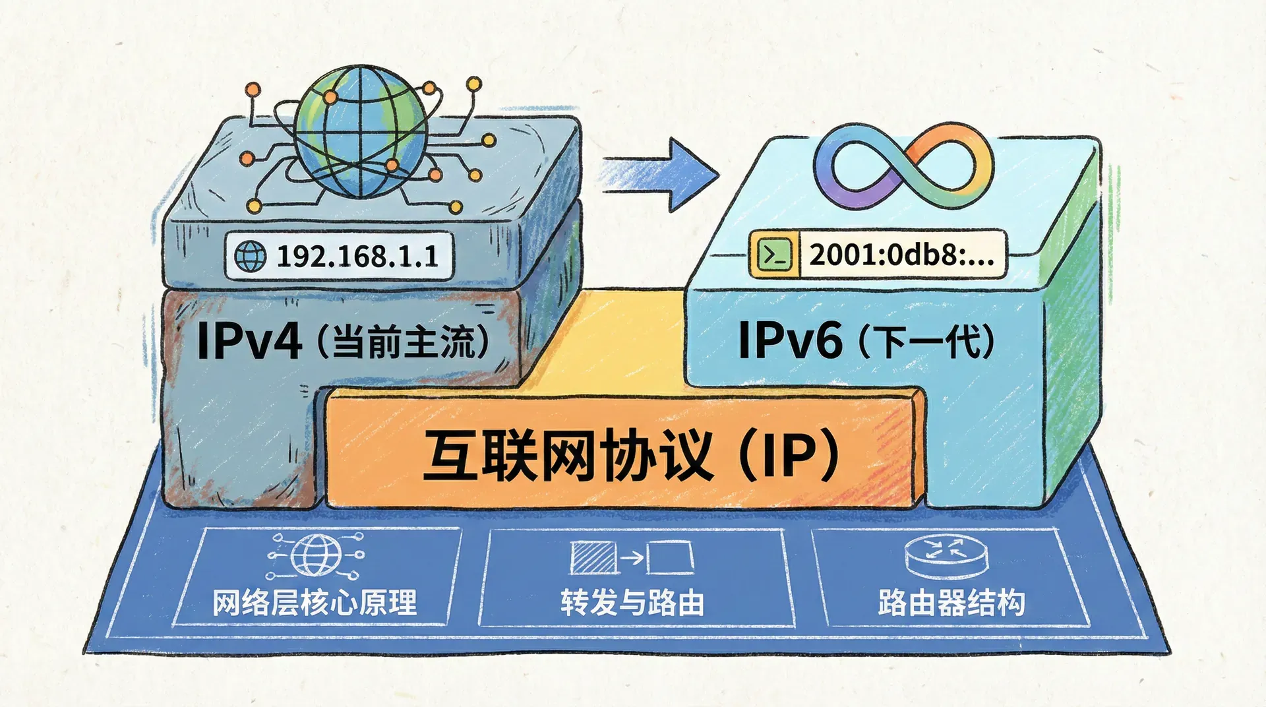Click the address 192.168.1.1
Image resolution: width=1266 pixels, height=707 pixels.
(357, 256)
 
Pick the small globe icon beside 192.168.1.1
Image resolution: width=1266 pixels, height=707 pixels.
(251, 256)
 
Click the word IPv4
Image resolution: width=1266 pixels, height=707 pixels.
(249, 341)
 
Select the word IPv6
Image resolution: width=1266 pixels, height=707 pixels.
(790, 340)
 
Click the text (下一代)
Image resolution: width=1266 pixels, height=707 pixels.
(926, 342)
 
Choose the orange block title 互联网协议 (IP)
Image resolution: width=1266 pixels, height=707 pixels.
(630, 455)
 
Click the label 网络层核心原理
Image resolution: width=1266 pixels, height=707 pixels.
(315, 603)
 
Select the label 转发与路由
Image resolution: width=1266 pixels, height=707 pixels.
(632, 603)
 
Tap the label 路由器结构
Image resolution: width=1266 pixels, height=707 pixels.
(951, 603)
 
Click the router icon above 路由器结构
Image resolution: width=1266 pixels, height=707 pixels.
(947, 556)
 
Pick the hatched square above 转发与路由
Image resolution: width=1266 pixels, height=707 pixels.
(593, 558)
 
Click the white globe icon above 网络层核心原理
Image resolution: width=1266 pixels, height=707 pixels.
(316, 555)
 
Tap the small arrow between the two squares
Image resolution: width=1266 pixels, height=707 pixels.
(632, 558)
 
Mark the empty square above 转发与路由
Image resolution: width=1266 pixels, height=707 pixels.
(670, 558)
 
